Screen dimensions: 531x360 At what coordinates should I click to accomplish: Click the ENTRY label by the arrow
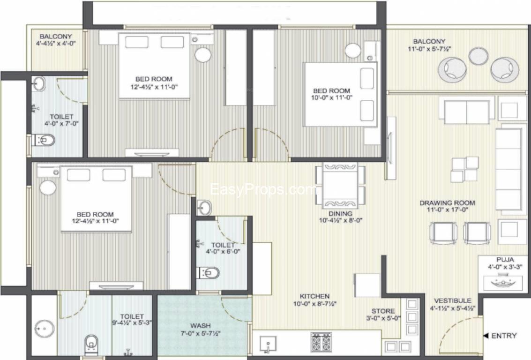504,336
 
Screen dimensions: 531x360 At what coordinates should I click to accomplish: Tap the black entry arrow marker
485,336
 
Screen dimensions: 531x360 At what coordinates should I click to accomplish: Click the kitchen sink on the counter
268,344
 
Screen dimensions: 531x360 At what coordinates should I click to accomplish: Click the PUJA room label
505,260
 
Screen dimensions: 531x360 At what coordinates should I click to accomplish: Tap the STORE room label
383,311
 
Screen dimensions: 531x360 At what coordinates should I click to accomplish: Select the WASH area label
201,326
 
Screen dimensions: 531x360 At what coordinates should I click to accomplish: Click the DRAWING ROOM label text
447,203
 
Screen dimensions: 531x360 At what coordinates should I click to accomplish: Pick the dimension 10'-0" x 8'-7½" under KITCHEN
314,304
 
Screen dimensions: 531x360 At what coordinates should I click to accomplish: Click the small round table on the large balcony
478,56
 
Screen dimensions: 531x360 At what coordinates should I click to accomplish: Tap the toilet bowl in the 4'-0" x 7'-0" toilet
45,140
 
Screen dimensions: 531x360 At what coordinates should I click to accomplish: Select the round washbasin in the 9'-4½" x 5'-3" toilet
45,329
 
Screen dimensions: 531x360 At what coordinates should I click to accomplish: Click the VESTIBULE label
453,301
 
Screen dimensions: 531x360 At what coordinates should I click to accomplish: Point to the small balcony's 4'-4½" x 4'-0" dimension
56,43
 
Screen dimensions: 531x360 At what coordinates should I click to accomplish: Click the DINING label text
340,214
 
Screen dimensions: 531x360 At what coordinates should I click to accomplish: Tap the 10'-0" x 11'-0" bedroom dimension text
332,97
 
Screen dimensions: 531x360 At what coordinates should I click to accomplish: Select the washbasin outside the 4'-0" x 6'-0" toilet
204,207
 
